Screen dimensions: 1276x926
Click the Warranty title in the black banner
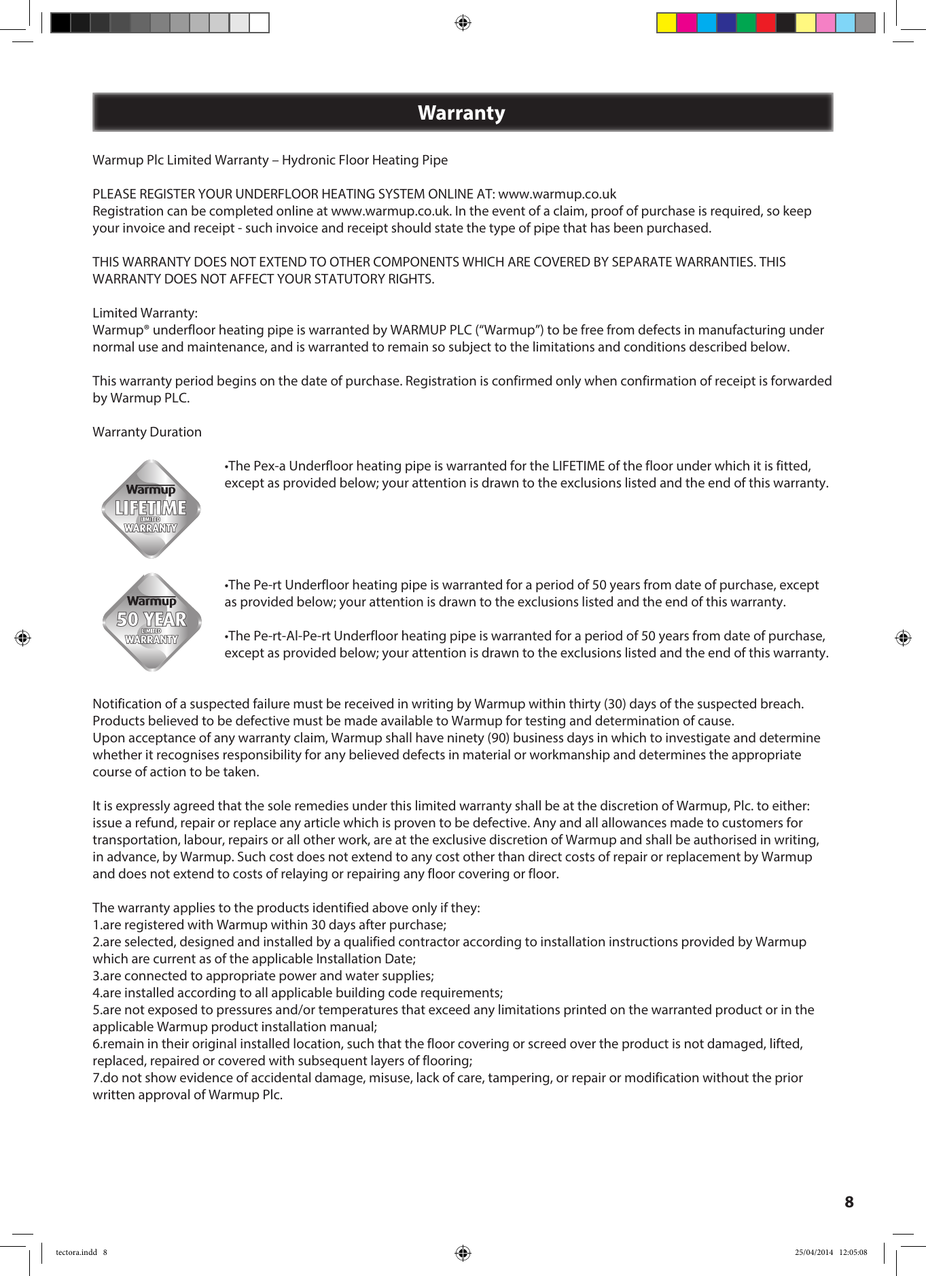pos(461,113)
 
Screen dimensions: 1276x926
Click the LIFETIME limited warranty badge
pos(151,509)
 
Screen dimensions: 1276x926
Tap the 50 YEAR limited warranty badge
pos(151,621)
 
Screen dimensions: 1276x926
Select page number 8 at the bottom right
pos(849,1202)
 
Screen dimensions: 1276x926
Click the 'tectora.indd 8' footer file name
pos(81,1252)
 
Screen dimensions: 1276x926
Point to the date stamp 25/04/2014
pos(813,1252)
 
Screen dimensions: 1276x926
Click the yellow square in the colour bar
pos(666,23)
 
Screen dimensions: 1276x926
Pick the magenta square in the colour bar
pos(687,23)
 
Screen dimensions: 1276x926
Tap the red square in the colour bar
pos(766,23)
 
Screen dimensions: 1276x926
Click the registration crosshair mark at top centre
pos(463,23)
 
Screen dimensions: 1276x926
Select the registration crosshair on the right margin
pos(903,638)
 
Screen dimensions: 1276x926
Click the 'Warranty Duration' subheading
pos(147,432)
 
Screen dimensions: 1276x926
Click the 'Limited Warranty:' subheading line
pos(145,313)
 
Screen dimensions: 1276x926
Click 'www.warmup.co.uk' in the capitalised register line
pos(557,194)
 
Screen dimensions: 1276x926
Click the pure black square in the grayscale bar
pos(60,23)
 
